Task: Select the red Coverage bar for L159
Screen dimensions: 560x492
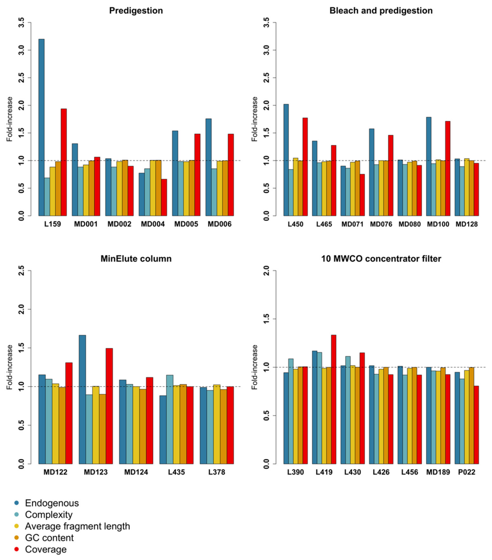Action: (64, 162)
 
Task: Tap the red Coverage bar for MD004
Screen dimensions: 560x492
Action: (164, 197)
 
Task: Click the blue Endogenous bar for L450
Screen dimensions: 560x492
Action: (286, 160)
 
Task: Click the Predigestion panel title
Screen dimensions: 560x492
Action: (136, 11)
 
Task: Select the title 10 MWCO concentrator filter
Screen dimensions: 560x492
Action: (381, 259)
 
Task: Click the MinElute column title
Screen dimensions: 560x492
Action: (136, 259)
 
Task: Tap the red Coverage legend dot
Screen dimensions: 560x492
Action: (16, 549)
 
